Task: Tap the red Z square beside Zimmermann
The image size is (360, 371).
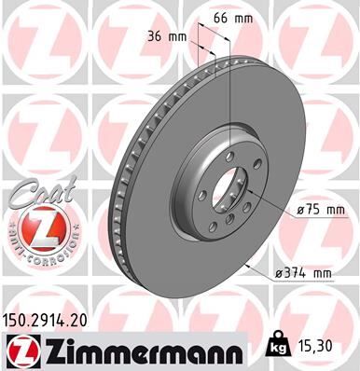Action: click(20, 350)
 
